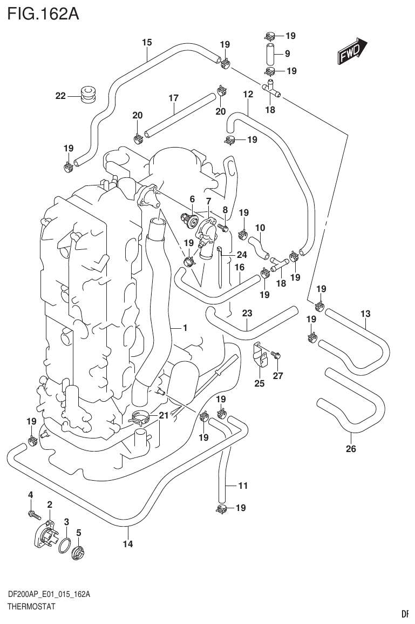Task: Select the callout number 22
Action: point(60,96)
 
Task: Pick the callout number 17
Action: point(173,98)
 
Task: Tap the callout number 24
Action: point(241,255)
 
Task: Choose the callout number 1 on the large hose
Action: point(185,328)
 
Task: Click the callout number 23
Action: point(247,313)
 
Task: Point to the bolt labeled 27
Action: point(277,355)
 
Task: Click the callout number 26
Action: point(351,448)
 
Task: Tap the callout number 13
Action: point(365,314)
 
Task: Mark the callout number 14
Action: point(127,545)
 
